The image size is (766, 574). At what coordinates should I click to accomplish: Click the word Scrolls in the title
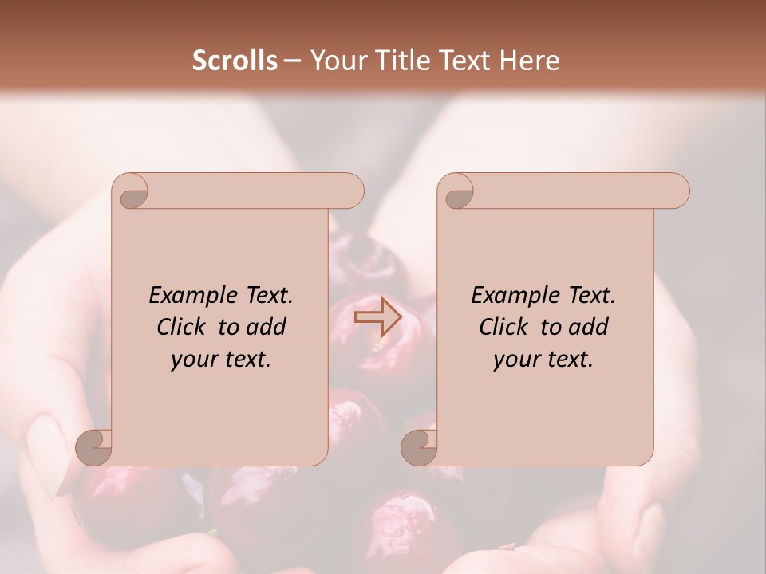point(235,61)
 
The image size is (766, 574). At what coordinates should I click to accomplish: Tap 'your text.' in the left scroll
point(221,360)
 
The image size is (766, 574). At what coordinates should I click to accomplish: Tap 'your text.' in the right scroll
point(543,360)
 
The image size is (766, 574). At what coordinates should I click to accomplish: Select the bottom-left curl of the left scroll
point(94,447)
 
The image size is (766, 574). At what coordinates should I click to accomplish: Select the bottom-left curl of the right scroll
point(420,447)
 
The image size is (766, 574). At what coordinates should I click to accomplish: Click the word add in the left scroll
point(266,327)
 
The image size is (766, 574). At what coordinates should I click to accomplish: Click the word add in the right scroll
point(588,327)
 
